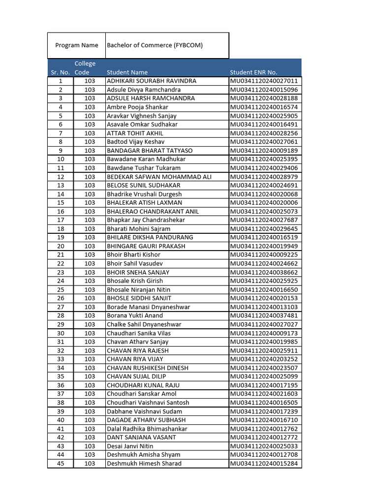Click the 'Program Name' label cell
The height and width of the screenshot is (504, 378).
76,45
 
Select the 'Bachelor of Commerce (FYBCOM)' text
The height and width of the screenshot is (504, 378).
155,45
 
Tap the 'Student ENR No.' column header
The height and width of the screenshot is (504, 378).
253,72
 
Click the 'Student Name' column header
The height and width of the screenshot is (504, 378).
127,72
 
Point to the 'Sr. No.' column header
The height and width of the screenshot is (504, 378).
60,72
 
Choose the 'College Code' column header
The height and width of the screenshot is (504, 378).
85,68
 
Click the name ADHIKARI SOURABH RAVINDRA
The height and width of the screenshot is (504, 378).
152,81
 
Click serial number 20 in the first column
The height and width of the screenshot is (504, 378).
61,246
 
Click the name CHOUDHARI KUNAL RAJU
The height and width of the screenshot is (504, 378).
143,385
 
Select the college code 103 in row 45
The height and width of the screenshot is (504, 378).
90,464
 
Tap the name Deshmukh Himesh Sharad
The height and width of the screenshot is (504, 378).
144,464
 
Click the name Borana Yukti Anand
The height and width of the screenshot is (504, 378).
134,315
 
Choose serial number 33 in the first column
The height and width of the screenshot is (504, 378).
61,359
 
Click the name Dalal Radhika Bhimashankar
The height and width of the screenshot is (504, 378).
147,429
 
